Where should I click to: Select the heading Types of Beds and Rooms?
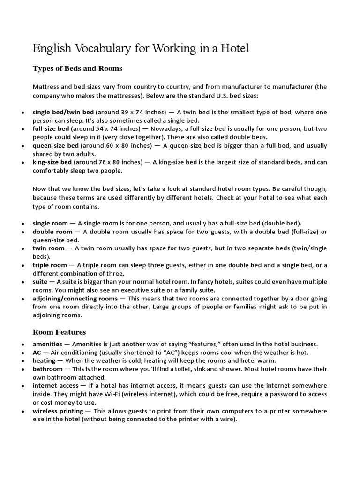click(77, 68)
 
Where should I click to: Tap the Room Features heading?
click(59, 332)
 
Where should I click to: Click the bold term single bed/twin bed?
click(63, 112)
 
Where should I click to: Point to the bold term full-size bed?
click(51, 128)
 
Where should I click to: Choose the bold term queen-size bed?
click(55, 145)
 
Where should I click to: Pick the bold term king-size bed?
click(52, 162)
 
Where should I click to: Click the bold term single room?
click(49, 223)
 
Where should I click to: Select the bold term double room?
click(52, 232)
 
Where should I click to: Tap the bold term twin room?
click(48, 248)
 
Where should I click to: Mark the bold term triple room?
click(50, 265)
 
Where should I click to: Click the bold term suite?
click(40, 282)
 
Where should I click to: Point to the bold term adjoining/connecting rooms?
click(75, 299)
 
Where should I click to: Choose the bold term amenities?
click(47, 344)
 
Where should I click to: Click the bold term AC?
click(37, 352)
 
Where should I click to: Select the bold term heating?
click(44, 360)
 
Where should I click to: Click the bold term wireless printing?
click(58, 411)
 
